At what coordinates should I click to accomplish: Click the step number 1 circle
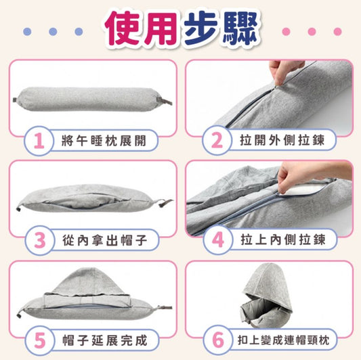[39, 141]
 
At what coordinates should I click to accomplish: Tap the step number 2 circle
[217, 140]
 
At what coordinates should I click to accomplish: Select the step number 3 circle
[40, 241]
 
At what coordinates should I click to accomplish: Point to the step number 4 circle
[218, 240]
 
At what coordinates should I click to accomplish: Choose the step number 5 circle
[40, 340]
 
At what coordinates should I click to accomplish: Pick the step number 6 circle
[218, 340]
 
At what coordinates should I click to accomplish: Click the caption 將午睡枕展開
[104, 141]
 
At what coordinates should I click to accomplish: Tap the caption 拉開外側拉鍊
[282, 140]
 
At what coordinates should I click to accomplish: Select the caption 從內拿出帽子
[105, 240]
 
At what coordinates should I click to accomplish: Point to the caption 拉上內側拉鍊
[283, 240]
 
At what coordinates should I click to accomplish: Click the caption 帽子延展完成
[105, 340]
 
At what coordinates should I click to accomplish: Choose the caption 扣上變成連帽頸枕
[283, 340]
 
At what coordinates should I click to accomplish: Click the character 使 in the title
[123, 28]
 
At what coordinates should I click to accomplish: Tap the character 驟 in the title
[240, 28]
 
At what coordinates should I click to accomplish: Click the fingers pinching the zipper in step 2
[285, 71]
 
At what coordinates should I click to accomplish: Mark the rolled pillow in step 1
[92, 99]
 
